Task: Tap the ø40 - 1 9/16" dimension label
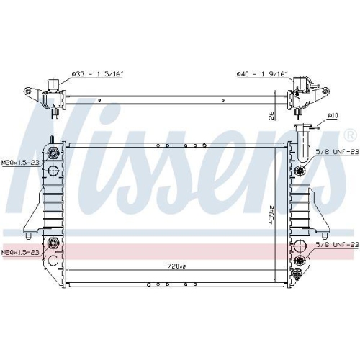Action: [x=263, y=73]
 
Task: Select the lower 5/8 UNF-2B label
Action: [x=336, y=244]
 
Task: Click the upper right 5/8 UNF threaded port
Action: [x=300, y=171]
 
